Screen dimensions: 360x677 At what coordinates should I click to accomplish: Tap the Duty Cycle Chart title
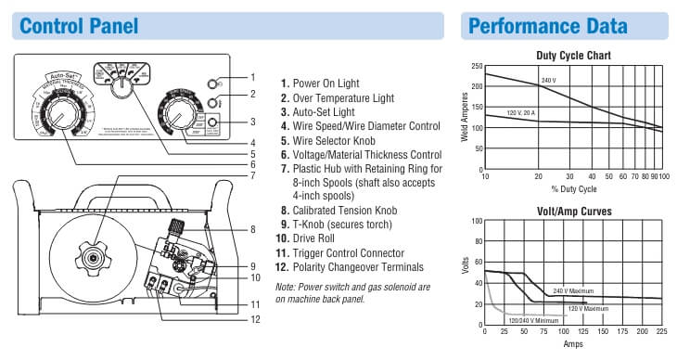[573, 56]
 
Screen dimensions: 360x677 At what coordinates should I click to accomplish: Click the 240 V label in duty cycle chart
[549, 81]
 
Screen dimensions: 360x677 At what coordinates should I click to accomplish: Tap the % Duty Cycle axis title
[573, 188]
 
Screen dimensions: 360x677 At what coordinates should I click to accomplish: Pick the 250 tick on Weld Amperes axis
[477, 66]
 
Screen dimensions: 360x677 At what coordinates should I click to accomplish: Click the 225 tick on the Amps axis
[661, 331]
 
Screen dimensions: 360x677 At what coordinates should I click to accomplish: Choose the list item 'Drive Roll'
[313, 238]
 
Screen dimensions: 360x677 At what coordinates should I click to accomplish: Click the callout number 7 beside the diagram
[252, 174]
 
